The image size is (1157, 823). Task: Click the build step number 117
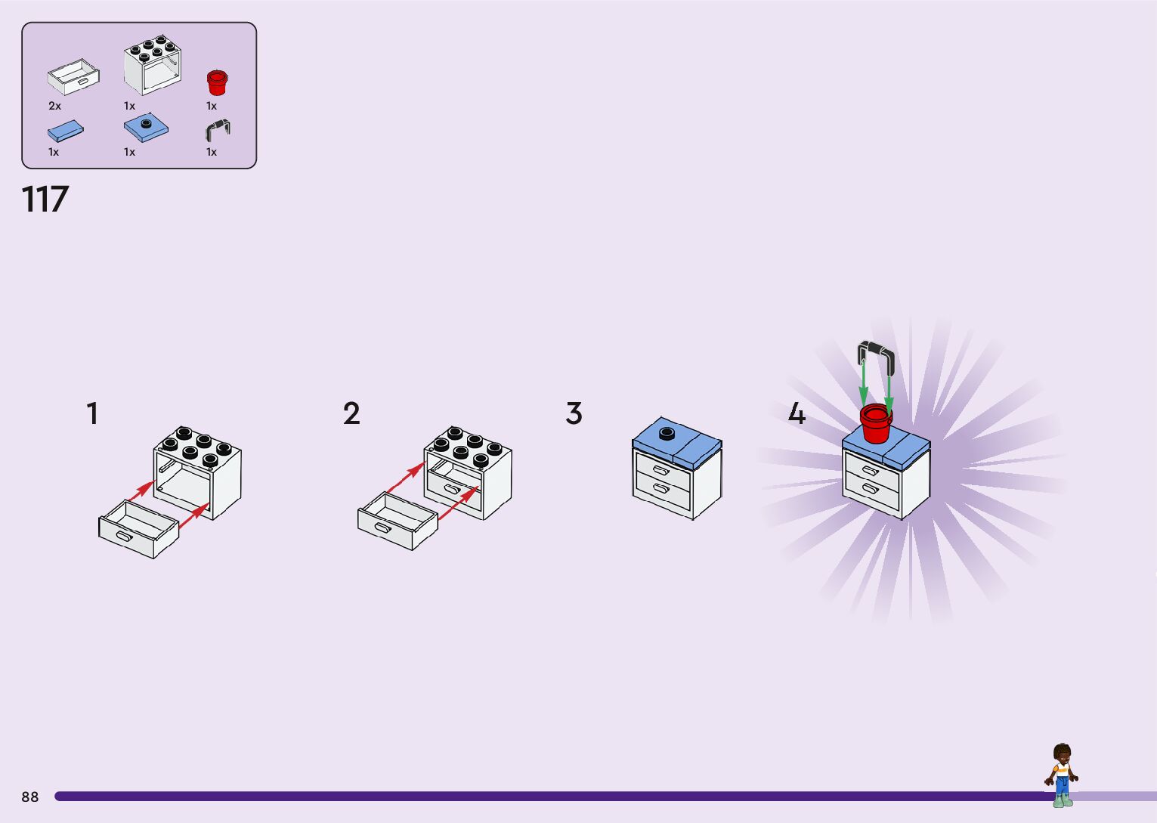pos(45,200)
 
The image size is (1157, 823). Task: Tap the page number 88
pos(30,797)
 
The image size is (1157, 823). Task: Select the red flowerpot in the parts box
pos(217,82)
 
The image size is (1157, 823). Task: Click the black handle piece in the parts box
pos(218,130)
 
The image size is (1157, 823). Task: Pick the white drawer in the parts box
pos(73,77)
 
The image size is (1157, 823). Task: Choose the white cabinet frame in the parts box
pos(153,65)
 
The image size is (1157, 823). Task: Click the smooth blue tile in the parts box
pos(66,131)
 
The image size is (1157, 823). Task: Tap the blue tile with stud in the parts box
pos(146,128)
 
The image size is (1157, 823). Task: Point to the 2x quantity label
pos(54,106)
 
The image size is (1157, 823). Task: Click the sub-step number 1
pos(92,414)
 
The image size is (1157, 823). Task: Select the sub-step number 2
pos(351,414)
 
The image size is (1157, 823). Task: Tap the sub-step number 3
pos(574,414)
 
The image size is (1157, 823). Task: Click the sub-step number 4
pos(797,414)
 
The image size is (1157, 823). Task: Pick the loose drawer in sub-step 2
pos(398,521)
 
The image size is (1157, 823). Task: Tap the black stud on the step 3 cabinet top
pos(666,433)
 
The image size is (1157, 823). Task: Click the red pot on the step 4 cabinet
pos(876,423)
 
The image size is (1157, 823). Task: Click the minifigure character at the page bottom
pos(1062,775)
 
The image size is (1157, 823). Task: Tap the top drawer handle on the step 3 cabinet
pos(661,471)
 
